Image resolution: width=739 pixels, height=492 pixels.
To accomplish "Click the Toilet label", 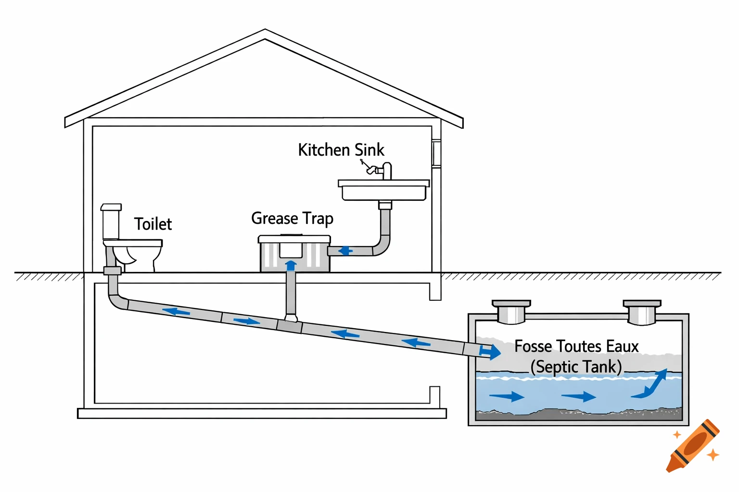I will [x=153, y=224].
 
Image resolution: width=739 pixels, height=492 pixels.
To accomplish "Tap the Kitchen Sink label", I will [x=341, y=150].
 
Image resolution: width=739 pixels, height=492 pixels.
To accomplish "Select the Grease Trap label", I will [x=292, y=219].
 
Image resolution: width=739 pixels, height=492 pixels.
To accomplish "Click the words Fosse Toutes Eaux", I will [x=576, y=346].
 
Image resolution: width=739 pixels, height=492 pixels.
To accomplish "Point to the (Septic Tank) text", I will [x=576, y=367].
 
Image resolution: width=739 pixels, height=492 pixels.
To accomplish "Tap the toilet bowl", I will [x=132, y=252].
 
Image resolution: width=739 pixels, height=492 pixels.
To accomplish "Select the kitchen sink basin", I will [x=383, y=191].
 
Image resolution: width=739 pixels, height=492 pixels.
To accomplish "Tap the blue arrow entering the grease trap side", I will [x=345, y=251].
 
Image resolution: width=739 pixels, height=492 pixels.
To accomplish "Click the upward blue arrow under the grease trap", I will [x=291, y=266].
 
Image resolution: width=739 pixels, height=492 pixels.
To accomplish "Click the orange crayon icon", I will [x=693, y=446].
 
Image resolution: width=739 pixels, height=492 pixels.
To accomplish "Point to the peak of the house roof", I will [x=265, y=33].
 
